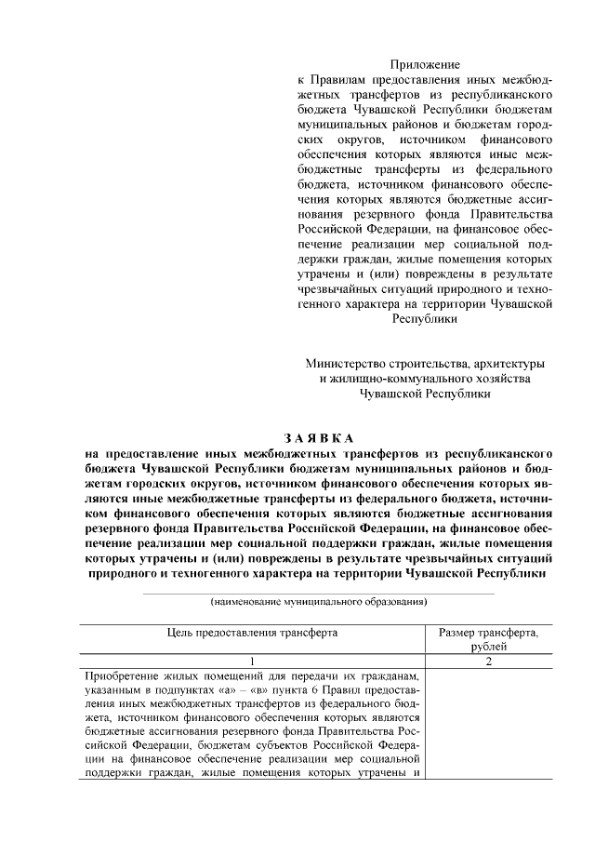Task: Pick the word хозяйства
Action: click(x=502, y=378)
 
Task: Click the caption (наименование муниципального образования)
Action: click(x=319, y=602)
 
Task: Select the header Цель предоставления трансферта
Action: click(x=252, y=632)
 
